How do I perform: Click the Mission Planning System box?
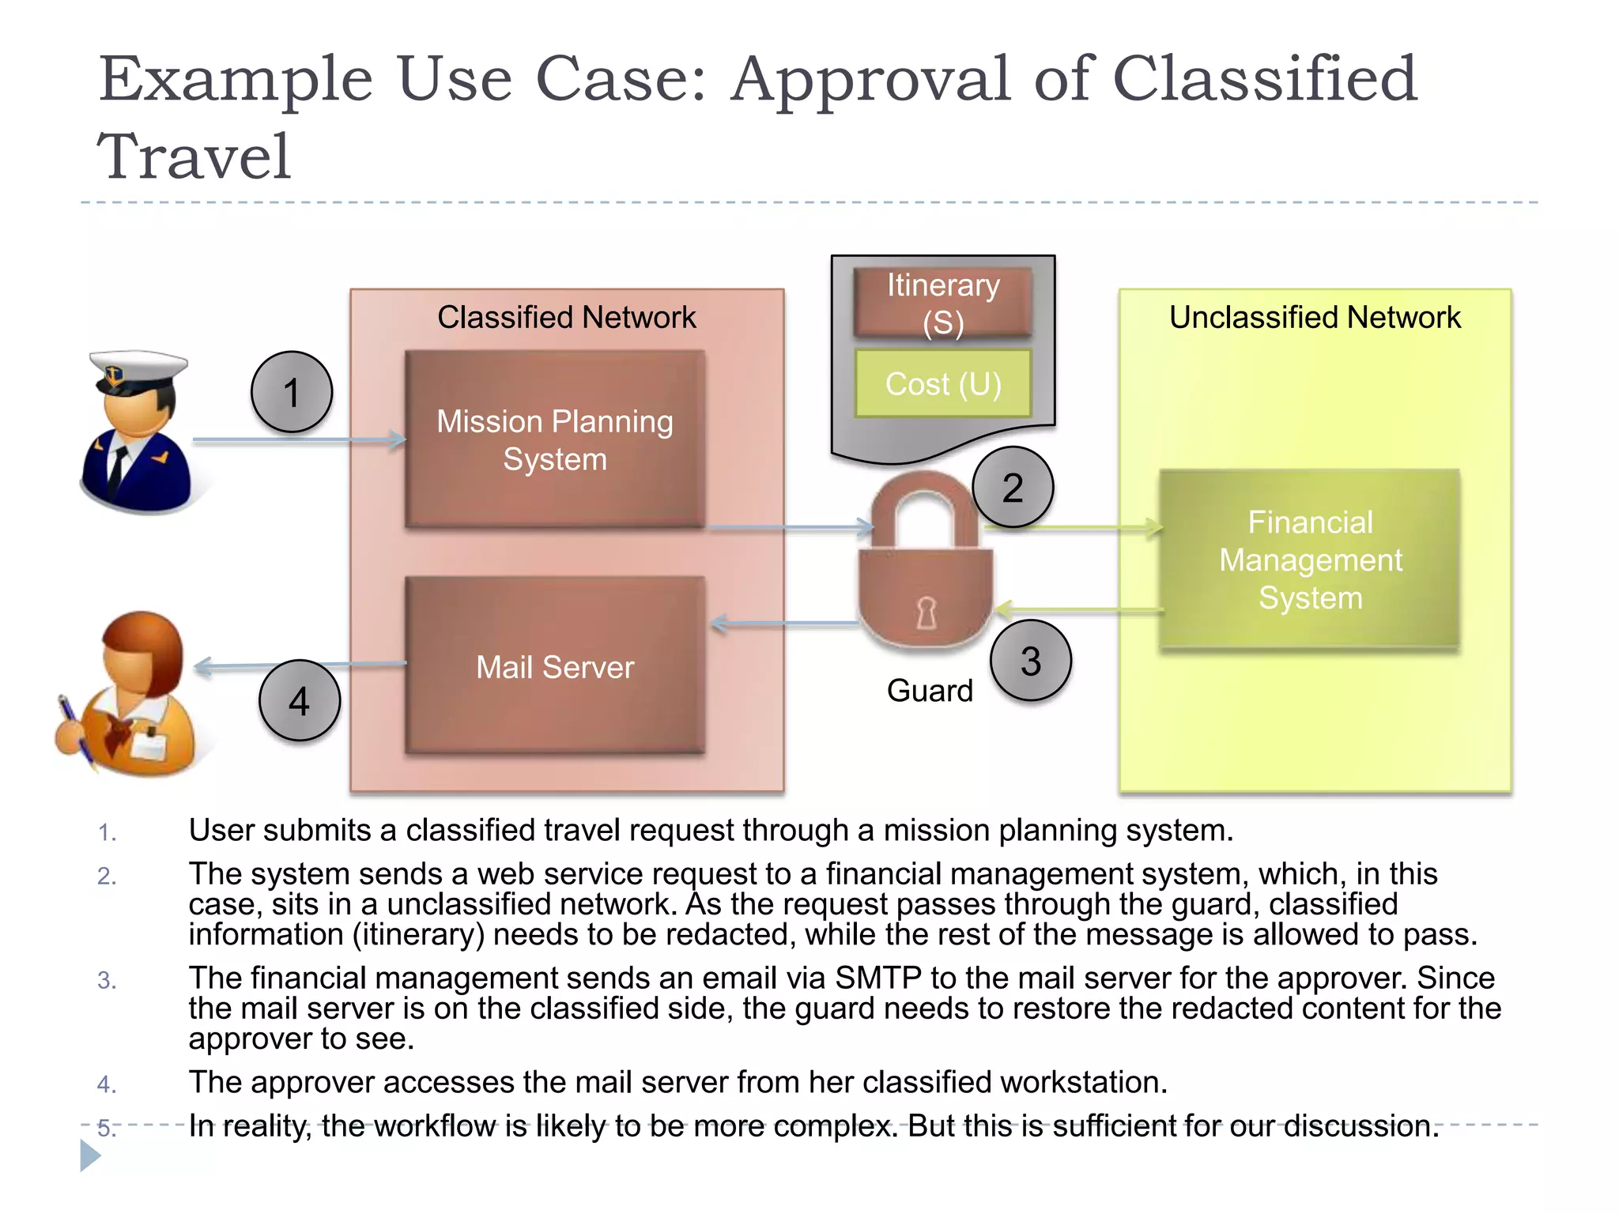pos(554,439)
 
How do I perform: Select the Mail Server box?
pos(554,665)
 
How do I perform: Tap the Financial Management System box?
pos(1309,560)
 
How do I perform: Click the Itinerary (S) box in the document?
pos(942,303)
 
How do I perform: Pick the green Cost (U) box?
pos(942,383)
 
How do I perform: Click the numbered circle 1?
pos(292,392)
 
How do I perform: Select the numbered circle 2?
pos(1013,487)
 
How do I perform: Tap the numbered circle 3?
pos(1031,661)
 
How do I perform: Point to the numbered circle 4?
pos(299,700)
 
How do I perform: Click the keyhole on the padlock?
pos(926,612)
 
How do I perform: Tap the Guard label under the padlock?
pos(930,690)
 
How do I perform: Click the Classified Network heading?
pos(566,317)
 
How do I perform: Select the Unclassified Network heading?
pos(1314,317)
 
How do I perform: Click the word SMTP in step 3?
pos(877,978)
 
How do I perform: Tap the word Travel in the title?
pos(194,156)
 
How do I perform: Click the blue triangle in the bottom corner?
pos(89,1156)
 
